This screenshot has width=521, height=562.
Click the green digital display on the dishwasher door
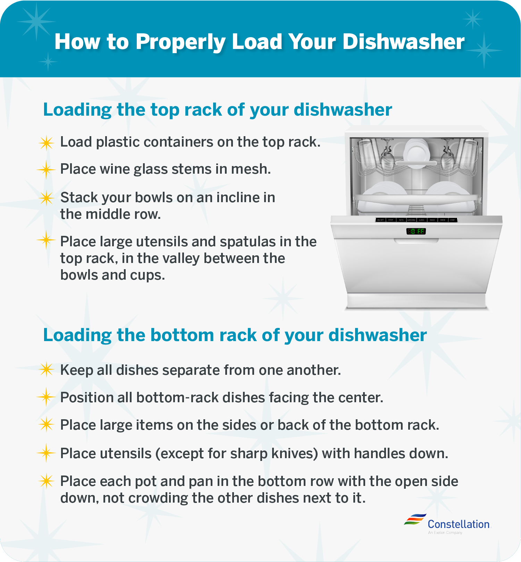pyautogui.click(x=416, y=231)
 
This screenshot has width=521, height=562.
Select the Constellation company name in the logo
pyautogui.click(x=458, y=524)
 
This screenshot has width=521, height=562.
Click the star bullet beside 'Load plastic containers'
pyautogui.click(x=46, y=143)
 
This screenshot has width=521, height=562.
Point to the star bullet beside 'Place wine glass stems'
pyautogui.click(x=46, y=170)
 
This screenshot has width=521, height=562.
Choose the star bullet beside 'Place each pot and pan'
pyautogui.click(x=46, y=481)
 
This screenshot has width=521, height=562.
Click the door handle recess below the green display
pyautogui.click(x=416, y=240)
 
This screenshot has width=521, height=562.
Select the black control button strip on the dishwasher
pyautogui.click(x=416, y=220)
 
